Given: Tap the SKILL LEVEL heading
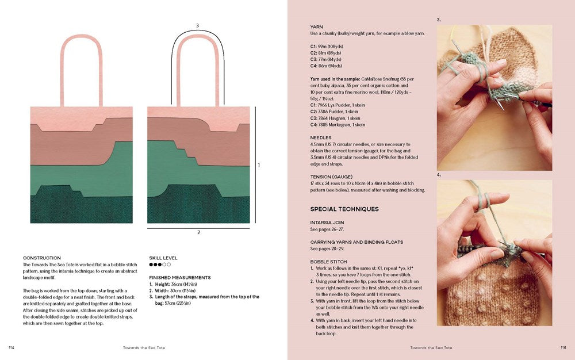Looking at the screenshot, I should coord(163,258).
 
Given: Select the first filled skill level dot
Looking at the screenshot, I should coord(151,265).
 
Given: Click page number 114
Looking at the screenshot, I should coord(11,347).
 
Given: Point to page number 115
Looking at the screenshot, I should coord(563,347).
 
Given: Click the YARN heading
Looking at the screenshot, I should coord(316,26).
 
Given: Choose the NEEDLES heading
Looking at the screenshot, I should coord(321,137).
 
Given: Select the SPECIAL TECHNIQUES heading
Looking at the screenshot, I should coord(344,209).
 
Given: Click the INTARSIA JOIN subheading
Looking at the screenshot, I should coord(327,223).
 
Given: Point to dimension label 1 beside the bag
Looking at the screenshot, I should coord(259,165).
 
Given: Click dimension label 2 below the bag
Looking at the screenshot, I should coord(199,232).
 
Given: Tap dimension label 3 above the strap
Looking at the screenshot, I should coord(197,25).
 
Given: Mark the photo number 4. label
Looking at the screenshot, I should coord(439,175).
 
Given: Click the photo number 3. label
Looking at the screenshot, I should coord(439,20).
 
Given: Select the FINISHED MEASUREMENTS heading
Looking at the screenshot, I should coord(180,277).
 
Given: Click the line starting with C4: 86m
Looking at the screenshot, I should coord(326,66).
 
